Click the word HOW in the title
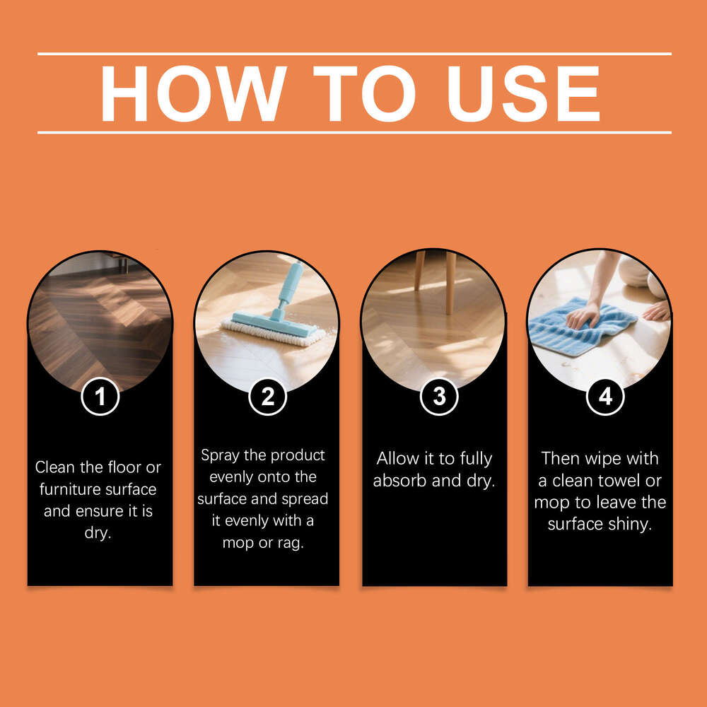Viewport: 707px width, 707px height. click(192, 93)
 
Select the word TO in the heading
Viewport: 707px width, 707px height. click(362, 93)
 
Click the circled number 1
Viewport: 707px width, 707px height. click(100, 397)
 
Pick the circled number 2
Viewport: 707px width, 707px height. click(267, 397)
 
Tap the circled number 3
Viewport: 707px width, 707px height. click(439, 397)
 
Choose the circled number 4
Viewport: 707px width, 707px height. click(605, 397)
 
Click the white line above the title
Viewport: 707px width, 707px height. click(353, 54)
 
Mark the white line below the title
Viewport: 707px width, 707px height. click(353, 132)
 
